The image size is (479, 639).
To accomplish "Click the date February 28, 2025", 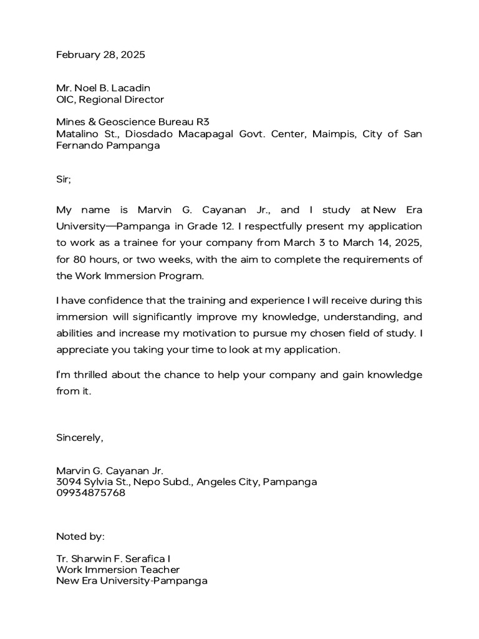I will [x=100, y=55].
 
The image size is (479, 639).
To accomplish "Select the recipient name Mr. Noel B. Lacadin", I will [x=103, y=88].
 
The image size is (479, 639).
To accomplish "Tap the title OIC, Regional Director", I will [x=110, y=99].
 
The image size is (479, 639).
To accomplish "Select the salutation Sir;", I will [x=64, y=179].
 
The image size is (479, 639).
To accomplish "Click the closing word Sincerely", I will [x=79, y=437].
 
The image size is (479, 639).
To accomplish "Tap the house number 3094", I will [x=69, y=482].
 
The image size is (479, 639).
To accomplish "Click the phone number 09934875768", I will [x=90, y=493].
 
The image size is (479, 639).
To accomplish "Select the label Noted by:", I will [x=80, y=536].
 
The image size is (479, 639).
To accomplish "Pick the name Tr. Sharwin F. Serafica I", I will [x=112, y=559].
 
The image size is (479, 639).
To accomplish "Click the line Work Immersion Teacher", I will [x=118, y=570].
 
